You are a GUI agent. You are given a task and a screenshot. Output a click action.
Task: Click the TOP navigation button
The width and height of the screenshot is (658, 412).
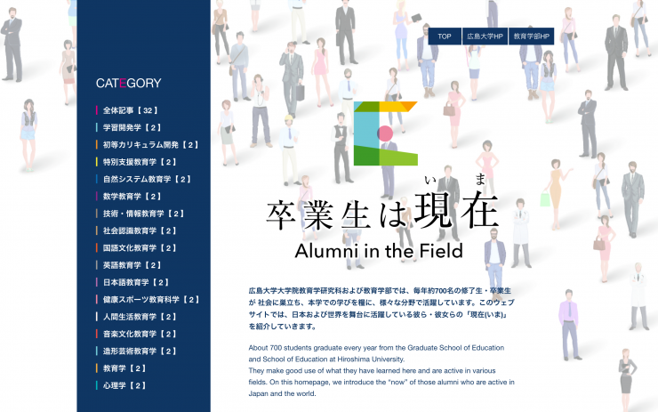445,36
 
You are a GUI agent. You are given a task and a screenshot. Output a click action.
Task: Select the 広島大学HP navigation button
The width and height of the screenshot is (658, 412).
485,36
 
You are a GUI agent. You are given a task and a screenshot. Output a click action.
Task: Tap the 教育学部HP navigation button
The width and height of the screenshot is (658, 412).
531,36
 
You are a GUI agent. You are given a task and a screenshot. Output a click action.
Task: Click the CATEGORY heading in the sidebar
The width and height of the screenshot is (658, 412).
128,83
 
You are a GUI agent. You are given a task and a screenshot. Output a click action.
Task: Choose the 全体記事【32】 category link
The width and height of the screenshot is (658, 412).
131,110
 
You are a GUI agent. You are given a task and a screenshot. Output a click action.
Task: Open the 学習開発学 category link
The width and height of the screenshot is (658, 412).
132,127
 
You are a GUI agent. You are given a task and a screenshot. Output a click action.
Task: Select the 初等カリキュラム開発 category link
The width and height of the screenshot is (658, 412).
151,145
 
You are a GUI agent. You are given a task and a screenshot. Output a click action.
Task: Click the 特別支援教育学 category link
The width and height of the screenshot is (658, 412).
140,162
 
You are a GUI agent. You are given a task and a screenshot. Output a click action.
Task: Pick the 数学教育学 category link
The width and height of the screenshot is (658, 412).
132,197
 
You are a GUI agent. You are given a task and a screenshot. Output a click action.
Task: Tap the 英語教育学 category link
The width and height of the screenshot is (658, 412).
132,265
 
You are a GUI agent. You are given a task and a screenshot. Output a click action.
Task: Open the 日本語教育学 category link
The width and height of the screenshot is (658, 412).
136,283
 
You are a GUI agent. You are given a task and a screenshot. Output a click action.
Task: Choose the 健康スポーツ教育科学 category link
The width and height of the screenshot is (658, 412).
151,300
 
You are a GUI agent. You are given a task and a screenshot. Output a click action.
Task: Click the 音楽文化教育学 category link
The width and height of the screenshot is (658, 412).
140,335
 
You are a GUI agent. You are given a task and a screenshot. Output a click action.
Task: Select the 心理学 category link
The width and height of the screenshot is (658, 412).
124,385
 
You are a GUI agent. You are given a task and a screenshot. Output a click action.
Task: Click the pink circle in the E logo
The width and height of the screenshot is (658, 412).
385,133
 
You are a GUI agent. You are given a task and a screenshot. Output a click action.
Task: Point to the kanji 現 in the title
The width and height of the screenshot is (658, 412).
433,210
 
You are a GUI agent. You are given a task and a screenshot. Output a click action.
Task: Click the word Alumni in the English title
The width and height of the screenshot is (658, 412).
327,251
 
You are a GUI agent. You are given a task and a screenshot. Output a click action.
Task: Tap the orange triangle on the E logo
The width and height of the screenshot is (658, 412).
410,106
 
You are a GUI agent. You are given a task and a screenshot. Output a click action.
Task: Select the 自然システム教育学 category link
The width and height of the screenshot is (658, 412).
148,180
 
